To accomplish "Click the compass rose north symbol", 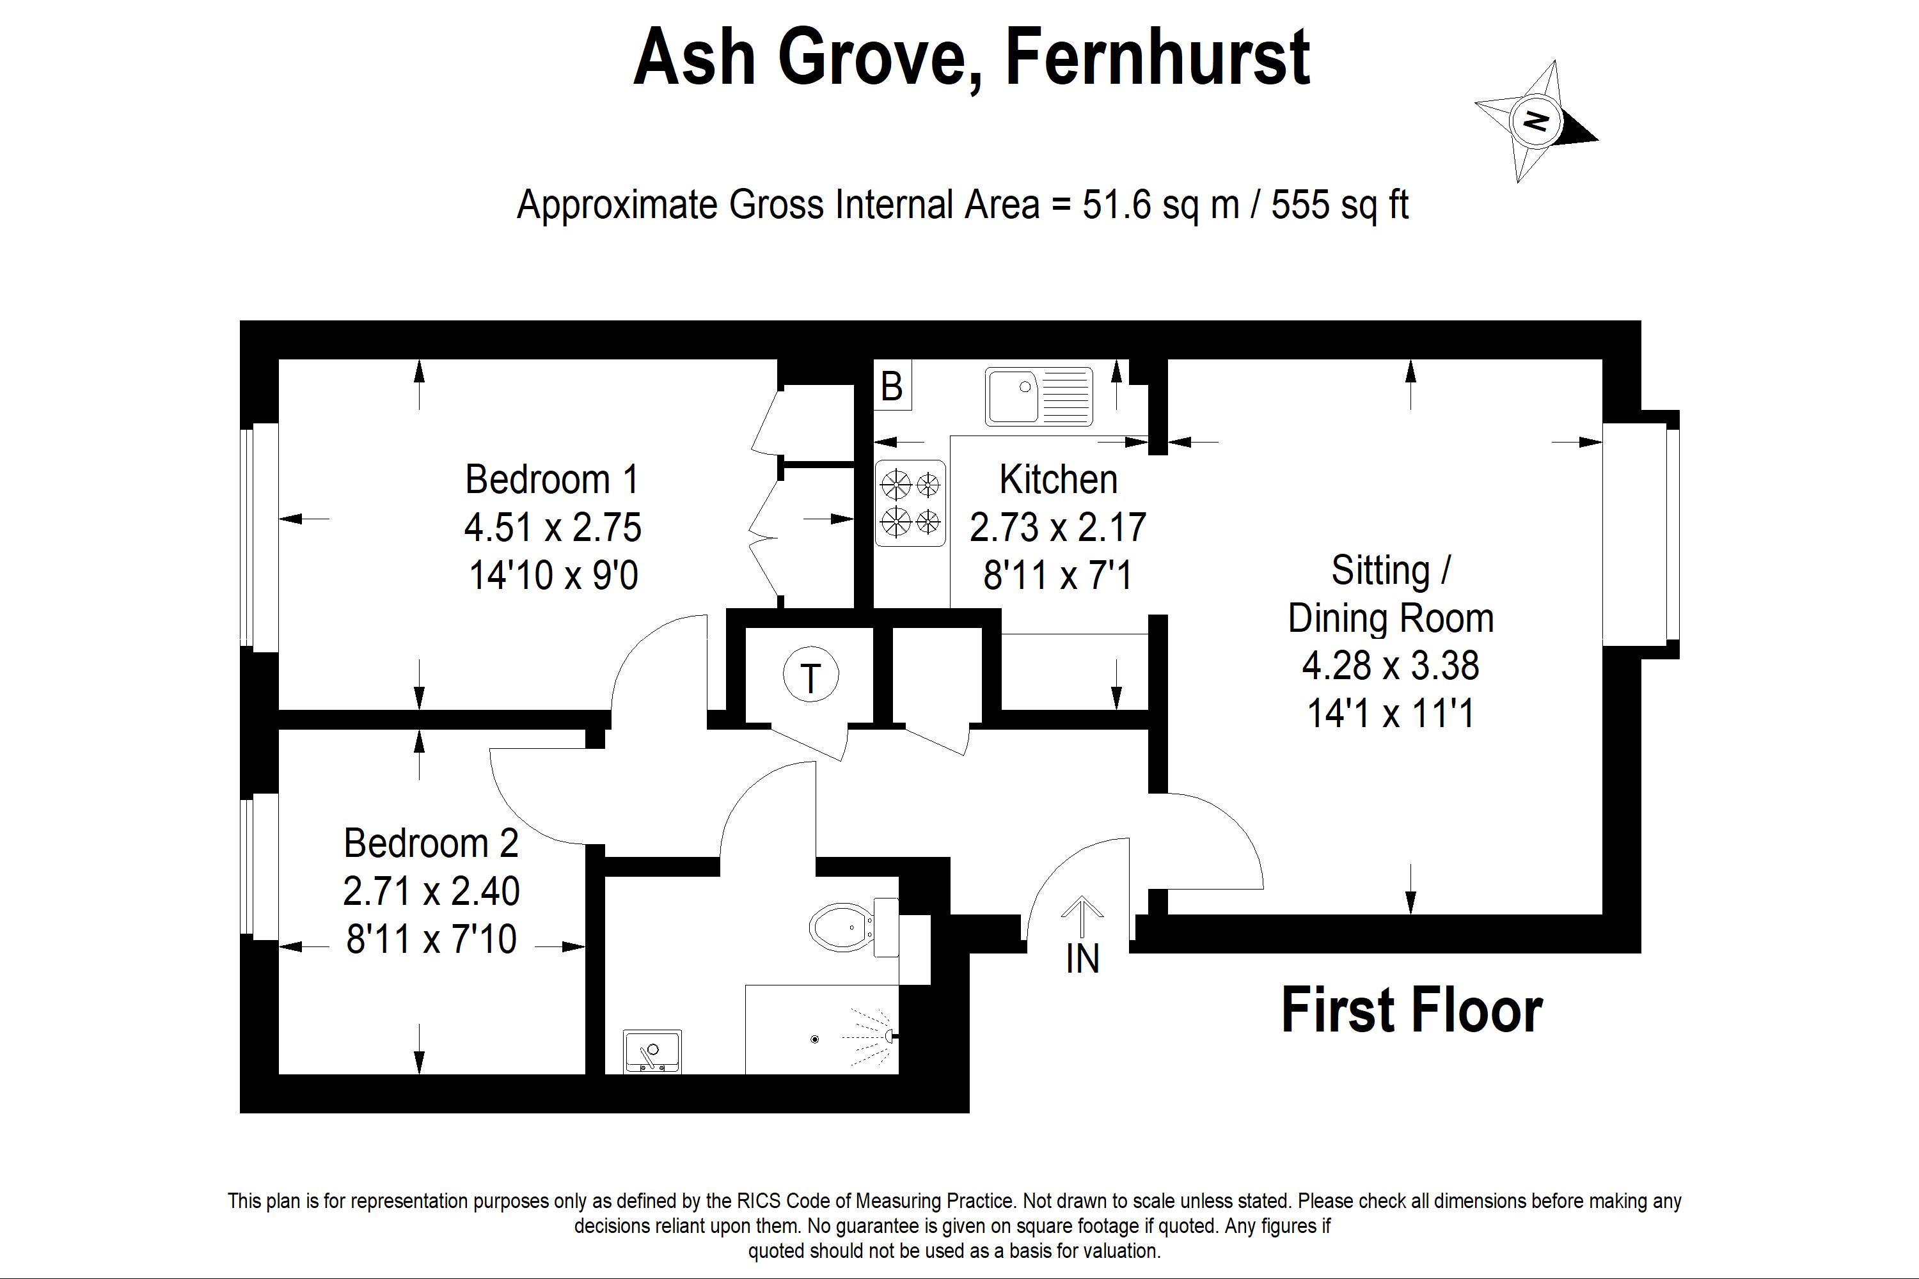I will pos(1536,122).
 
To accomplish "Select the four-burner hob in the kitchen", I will pos(910,503).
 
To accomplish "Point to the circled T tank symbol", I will pos(810,676).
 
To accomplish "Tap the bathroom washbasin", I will pos(651,1051).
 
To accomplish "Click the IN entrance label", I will pos(1083,959).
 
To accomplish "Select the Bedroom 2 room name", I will pos(430,843).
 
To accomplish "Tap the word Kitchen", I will pos(1058,480).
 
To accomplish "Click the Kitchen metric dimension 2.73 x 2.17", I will pos(1058,527).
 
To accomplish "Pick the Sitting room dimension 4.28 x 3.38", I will pos(1390,666).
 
